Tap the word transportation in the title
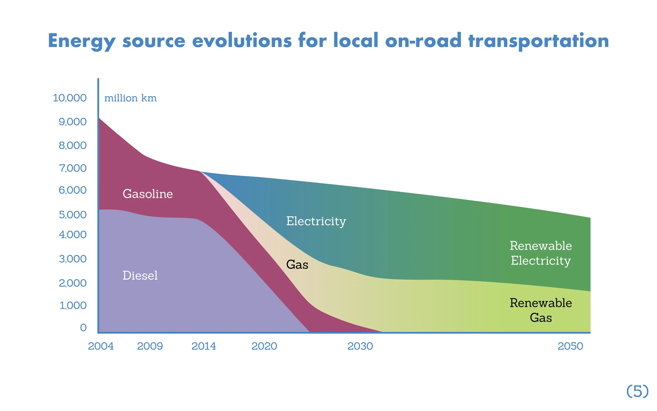538,41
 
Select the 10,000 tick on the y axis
70,98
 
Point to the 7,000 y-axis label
73,168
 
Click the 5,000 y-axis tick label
73,215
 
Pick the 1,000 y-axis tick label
73,305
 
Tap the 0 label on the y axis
83,328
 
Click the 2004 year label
101,346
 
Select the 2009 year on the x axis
150,346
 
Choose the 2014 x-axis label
204,346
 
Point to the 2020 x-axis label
264,346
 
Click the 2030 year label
360,346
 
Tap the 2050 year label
570,346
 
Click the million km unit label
131,98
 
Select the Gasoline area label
148,194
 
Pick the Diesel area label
140,275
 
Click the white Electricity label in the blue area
316,221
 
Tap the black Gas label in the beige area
297,265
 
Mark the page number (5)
638,392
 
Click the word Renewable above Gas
541,303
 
